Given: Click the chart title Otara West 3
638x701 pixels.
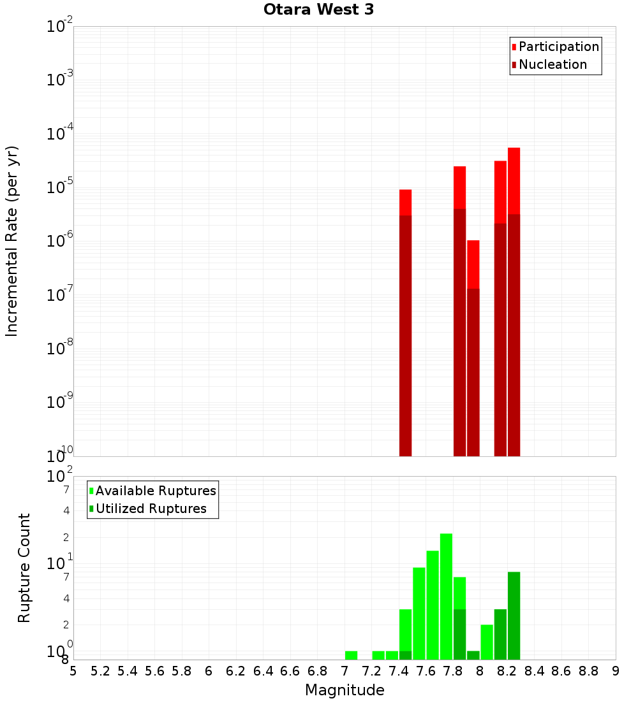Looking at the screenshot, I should tap(318, 10).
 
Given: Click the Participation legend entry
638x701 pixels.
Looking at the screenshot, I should tap(559, 47).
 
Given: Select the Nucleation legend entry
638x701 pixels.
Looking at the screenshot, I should tap(553, 64).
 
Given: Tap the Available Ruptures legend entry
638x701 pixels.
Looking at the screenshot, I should tap(156, 491).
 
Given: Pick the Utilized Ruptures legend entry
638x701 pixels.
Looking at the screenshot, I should tap(151, 509).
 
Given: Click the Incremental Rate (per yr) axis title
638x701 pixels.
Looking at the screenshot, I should tap(12, 241).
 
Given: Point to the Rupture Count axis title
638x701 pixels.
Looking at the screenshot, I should tap(24, 568).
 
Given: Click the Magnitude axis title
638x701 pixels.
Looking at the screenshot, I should tap(345, 690).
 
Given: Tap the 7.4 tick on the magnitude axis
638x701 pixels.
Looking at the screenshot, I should tap(399, 671).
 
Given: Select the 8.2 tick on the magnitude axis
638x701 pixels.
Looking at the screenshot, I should tap(507, 671).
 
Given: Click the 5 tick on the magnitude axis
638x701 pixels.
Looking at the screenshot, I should tap(73, 671).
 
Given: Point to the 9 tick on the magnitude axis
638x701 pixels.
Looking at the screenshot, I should tap(616, 671).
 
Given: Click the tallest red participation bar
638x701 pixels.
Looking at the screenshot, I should tap(514, 178).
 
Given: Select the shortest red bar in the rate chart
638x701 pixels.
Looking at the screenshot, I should tap(473, 264).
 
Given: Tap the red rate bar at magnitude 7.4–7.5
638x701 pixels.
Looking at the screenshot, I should tap(405, 202).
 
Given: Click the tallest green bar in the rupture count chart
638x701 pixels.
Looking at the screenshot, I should tap(446, 596).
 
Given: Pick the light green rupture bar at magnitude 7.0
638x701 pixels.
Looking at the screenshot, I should tap(351, 655).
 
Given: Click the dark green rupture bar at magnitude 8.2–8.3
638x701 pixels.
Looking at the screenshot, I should tap(514, 615).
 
